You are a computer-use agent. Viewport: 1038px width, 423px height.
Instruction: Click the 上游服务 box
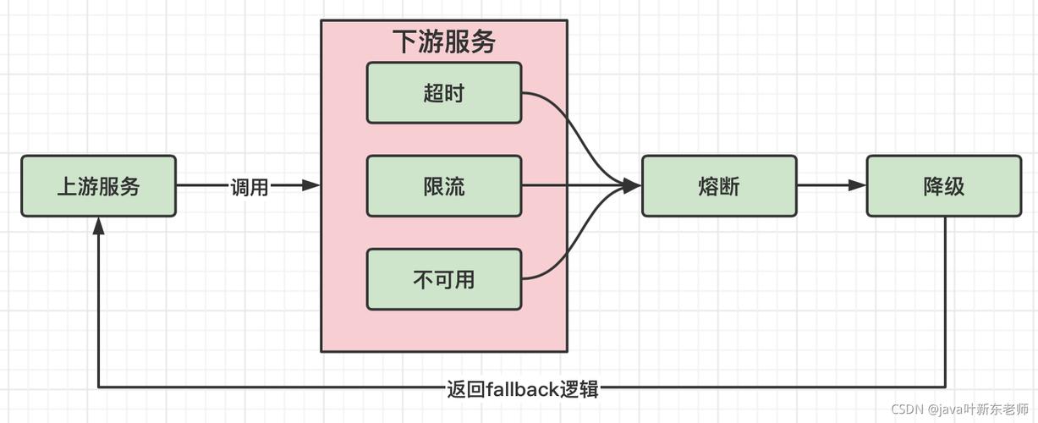coord(98,186)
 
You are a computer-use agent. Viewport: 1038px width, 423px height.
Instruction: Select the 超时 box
coord(444,92)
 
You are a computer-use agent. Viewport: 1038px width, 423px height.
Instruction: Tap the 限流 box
coord(444,186)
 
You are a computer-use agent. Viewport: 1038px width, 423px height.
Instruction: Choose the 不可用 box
coord(444,279)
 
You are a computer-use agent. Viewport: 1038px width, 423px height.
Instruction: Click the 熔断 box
coord(719,186)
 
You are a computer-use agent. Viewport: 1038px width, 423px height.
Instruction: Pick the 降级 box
coord(943,186)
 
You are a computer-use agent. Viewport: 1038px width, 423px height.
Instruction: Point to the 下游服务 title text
coord(444,41)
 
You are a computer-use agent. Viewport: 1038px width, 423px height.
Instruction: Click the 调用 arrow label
coord(250,187)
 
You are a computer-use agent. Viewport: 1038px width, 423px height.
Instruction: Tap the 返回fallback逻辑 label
coord(522,388)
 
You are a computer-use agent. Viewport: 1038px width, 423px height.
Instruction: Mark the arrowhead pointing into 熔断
coord(632,186)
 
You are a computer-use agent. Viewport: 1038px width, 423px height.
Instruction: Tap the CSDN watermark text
coord(907,409)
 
